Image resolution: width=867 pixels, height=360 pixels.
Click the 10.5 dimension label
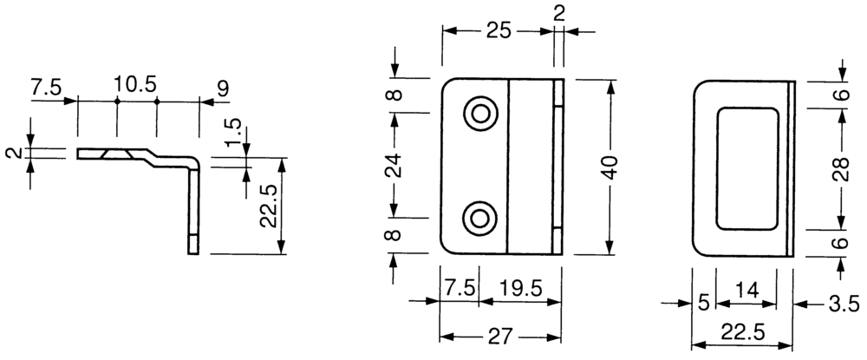(135, 85)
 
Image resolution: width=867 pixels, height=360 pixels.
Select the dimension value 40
(611, 167)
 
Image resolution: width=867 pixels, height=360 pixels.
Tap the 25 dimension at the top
(499, 31)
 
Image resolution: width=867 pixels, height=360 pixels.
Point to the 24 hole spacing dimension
(394, 165)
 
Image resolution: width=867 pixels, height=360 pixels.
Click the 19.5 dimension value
(519, 288)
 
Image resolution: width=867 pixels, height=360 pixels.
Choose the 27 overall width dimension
(500, 337)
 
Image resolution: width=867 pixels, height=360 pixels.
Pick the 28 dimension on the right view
(841, 168)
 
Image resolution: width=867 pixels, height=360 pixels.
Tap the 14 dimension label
(746, 289)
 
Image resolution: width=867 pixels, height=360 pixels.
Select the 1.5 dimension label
(234, 130)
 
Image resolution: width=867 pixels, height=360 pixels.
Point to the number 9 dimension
(222, 88)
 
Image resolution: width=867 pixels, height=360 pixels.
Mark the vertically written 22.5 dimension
(269, 206)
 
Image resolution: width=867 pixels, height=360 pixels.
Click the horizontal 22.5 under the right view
(743, 333)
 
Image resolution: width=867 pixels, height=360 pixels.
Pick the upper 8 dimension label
(393, 95)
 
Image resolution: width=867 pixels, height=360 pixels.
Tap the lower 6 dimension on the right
(841, 243)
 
